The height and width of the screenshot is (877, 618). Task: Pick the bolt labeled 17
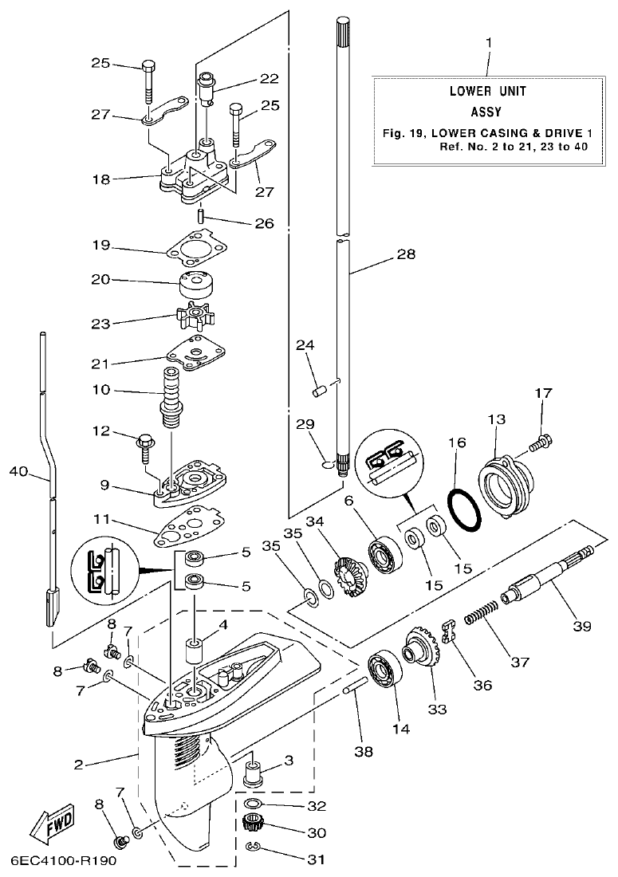tap(542, 438)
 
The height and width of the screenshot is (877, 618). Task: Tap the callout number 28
tap(406, 255)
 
